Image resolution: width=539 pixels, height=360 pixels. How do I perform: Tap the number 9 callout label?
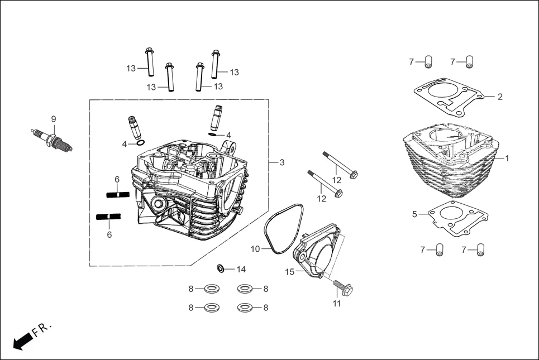54,119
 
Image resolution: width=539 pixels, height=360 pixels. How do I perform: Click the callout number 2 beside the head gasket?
500,97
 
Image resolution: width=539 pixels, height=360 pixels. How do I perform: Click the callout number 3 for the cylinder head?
282,162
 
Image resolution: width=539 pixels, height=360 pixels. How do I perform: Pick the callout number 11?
337,304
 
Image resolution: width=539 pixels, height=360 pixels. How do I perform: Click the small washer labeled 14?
221,269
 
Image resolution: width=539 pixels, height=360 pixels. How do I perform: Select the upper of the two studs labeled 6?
118,194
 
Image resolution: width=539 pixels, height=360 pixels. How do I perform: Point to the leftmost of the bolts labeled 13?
150,61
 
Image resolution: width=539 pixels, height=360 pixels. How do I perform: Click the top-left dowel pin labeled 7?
428,62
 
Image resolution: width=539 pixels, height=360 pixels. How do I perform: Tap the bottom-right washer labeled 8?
244,307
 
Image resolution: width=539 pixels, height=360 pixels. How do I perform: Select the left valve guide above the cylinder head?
134,129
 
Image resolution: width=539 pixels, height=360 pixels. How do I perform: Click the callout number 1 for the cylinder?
507,159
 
